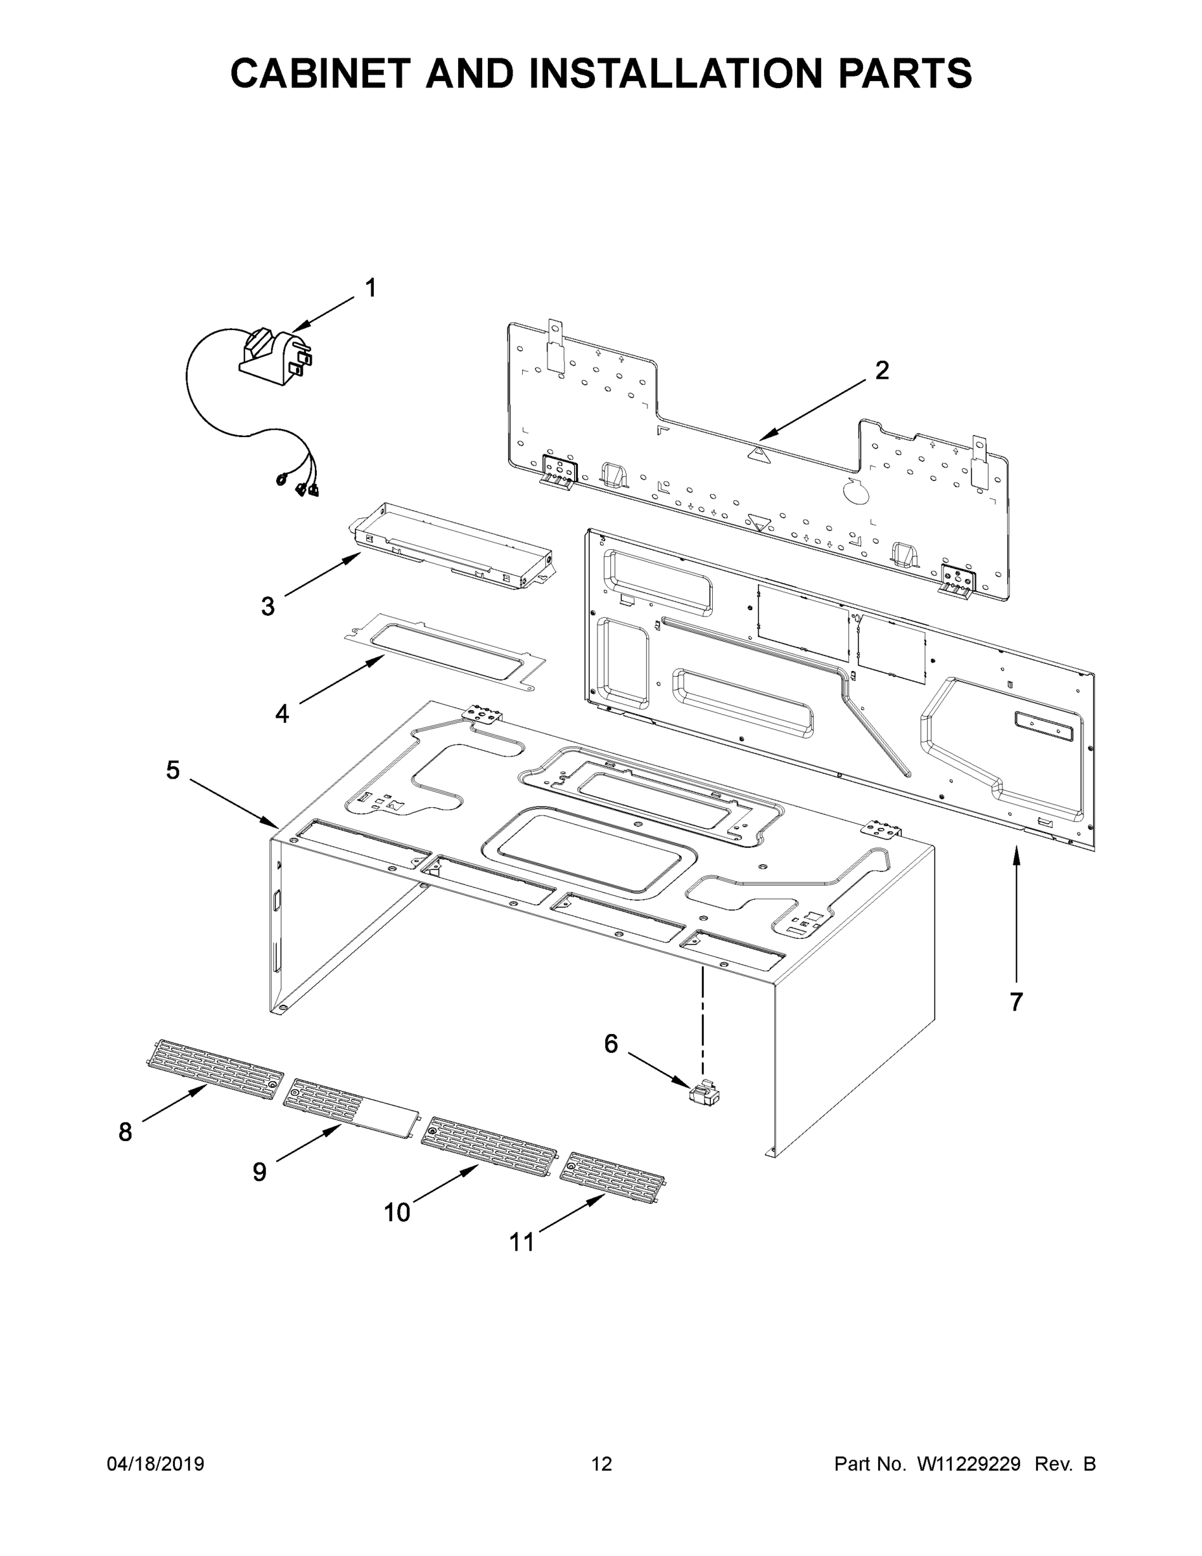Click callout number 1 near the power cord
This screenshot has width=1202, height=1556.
[x=370, y=289]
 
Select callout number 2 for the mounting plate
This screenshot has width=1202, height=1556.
[x=881, y=370]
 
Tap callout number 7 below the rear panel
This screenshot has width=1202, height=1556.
[x=1016, y=1002]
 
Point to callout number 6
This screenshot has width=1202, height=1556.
[x=611, y=1044]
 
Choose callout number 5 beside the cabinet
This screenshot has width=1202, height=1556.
[x=173, y=770]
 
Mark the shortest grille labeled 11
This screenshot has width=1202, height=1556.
[x=612, y=1177]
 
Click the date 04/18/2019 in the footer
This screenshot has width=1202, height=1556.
[x=156, y=1463]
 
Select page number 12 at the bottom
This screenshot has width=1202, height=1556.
[x=601, y=1463]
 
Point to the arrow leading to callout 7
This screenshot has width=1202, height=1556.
[x=1016, y=912]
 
